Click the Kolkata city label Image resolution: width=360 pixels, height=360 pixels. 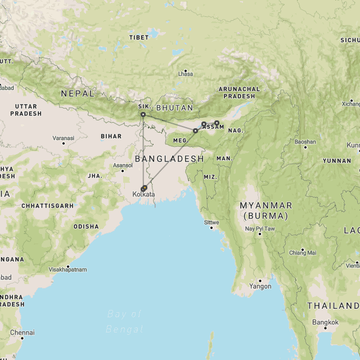point(143,195)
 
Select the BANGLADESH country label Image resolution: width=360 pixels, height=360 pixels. point(169,159)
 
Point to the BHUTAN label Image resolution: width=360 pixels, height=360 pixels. point(174,107)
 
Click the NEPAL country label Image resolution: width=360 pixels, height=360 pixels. point(78,93)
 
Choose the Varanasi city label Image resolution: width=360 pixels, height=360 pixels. point(63,138)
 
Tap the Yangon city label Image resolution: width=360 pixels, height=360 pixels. point(260,286)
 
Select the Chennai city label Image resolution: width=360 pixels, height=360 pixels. point(22,332)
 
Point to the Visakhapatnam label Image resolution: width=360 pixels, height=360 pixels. point(67,269)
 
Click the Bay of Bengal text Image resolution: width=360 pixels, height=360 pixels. point(124,321)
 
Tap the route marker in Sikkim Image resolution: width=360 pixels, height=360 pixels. point(143,115)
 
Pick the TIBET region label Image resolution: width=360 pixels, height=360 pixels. point(139,38)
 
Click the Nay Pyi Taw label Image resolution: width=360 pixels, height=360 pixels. point(260,229)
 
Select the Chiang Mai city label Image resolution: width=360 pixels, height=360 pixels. point(303,253)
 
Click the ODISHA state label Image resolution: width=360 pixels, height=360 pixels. point(86,227)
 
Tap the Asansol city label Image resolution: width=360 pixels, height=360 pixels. point(123,165)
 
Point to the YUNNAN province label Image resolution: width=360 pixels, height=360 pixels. point(337,161)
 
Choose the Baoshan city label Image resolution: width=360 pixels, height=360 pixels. point(305,142)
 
